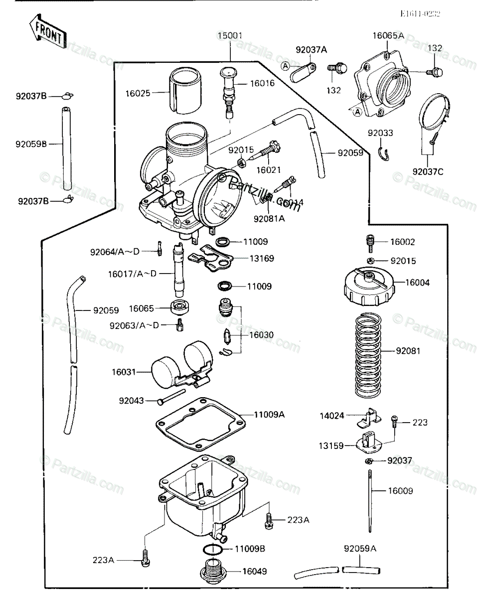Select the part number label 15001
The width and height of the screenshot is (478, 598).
(x=230, y=36)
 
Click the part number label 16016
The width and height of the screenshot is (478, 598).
(x=262, y=83)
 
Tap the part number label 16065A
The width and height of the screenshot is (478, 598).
(x=388, y=36)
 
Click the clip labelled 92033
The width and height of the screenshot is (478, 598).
(x=383, y=154)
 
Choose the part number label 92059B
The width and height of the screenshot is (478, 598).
(x=31, y=144)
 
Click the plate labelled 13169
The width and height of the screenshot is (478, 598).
(x=212, y=257)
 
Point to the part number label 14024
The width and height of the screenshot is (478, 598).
(x=332, y=415)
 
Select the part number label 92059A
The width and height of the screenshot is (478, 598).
(x=360, y=549)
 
